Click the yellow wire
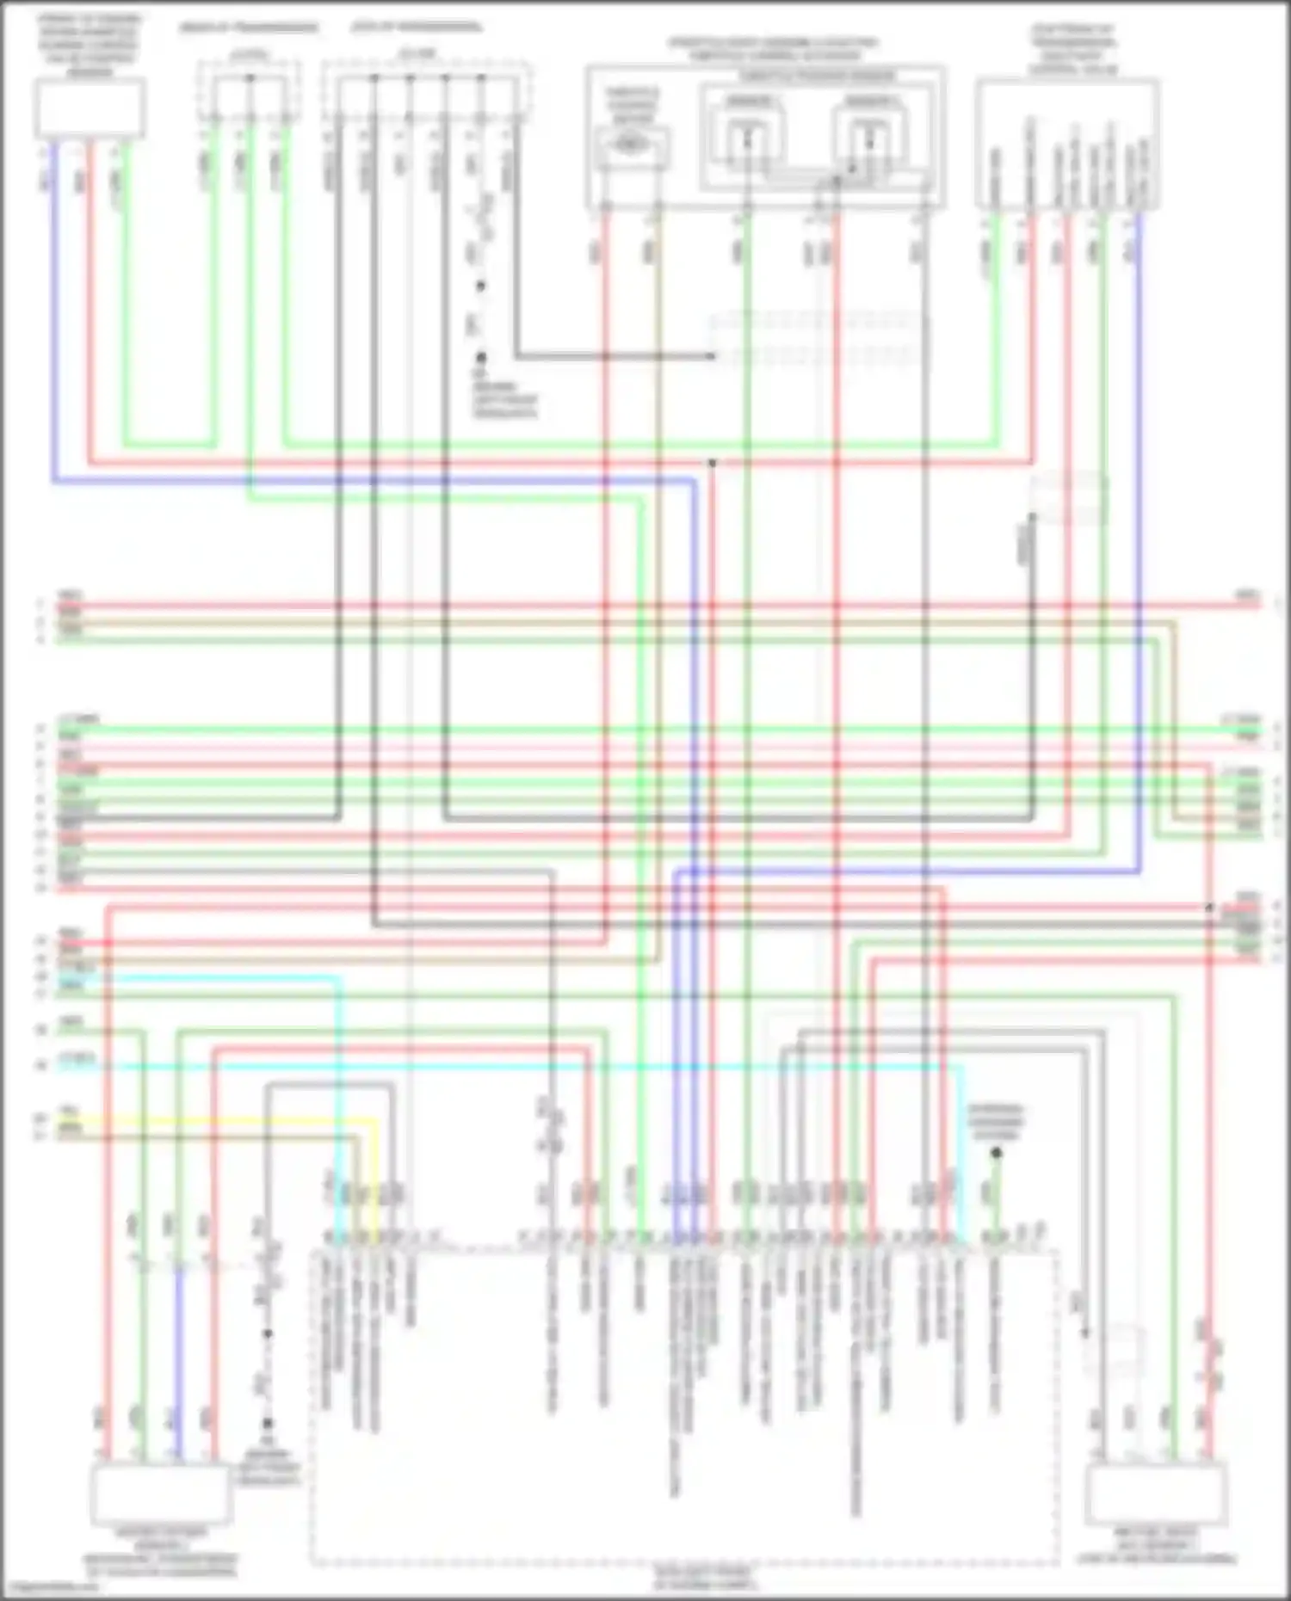[x=215, y=1120]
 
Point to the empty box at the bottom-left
[x=161, y=1494]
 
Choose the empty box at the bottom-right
[x=1156, y=1494]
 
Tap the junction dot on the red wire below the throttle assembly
[x=713, y=463]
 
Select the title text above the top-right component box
[x=1073, y=50]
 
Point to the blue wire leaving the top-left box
[x=54, y=310]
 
